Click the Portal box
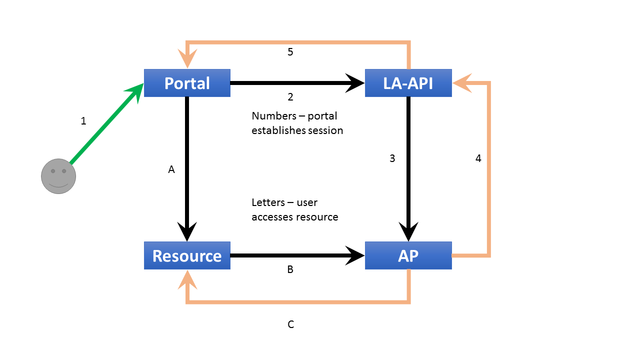(187, 83)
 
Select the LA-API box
(408, 83)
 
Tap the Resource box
(187, 255)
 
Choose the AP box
(408, 255)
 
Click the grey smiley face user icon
(58, 176)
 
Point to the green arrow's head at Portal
(137, 91)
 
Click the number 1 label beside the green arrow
(83, 121)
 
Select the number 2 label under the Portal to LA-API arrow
(290, 96)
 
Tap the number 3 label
(392, 158)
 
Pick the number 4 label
(478, 158)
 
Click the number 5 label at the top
(290, 52)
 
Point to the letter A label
(171, 170)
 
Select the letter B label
(290, 269)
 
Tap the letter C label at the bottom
(290, 324)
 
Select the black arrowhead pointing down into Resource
(187, 232)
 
